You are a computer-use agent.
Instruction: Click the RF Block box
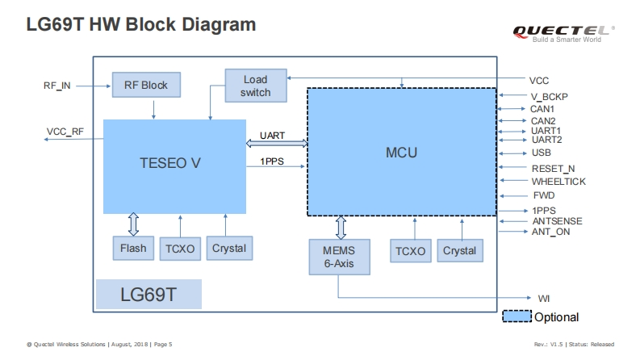[x=145, y=84]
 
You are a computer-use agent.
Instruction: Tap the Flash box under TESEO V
[x=133, y=248]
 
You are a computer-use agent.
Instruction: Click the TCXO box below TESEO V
[x=179, y=249]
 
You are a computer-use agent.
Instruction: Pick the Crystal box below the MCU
[x=459, y=251]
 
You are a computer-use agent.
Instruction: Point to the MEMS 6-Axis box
[x=339, y=255]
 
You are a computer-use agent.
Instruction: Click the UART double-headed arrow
[x=277, y=144]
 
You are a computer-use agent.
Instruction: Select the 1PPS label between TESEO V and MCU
[x=271, y=161]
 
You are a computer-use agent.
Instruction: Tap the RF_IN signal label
[x=57, y=84]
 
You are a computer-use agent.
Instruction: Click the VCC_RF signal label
[x=65, y=132]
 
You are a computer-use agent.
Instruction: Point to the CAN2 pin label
[x=542, y=121]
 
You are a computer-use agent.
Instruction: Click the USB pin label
[x=541, y=153]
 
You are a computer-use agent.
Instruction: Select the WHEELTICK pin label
[x=558, y=182]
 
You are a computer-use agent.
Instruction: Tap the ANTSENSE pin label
[x=557, y=221]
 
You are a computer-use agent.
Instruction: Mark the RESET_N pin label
[x=553, y=168]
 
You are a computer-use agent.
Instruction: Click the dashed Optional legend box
[x=517, y=317]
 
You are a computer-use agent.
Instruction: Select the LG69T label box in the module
[x=148, y=294]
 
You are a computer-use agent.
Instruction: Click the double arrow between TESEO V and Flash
[x=133, y=224]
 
